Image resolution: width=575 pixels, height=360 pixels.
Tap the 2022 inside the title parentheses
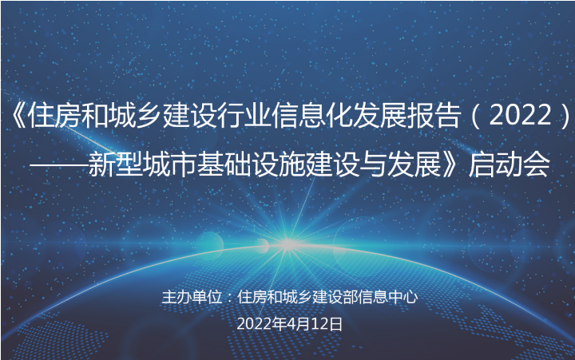(x=521, y=116)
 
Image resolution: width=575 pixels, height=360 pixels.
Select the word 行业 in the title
(x=244, y=116)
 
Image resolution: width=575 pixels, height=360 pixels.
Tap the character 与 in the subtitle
(x=373, y=164)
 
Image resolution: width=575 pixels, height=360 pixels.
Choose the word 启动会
(x=509, y=164)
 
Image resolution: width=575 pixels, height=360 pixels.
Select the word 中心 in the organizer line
(x=403, y=297)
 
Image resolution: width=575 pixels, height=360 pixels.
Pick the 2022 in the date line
(x=254, y=324)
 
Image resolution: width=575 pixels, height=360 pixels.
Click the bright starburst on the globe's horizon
(x=287, y=243)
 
